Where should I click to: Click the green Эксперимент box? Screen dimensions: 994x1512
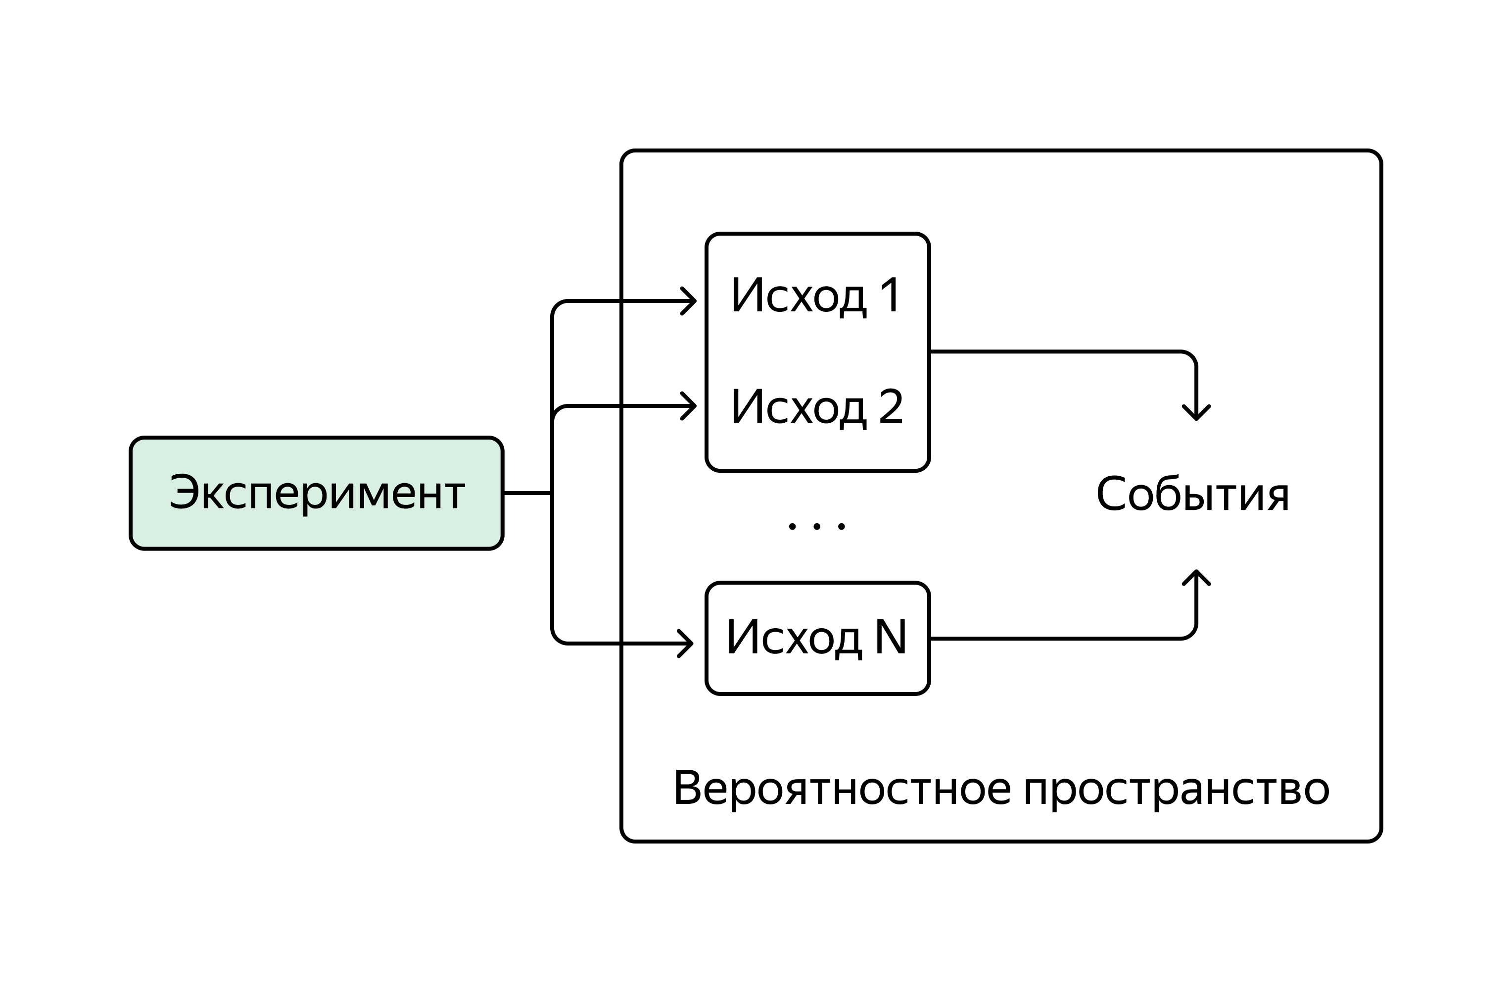(316, 493)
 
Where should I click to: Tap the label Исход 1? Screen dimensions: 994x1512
(816, 296)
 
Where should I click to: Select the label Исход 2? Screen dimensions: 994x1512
(816, 407)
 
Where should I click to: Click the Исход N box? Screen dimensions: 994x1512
(818, 638)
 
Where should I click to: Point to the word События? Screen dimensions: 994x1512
(1192, 495)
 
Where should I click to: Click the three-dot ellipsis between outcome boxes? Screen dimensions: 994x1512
(816, 526)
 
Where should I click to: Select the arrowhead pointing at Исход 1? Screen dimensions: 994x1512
(691, 300)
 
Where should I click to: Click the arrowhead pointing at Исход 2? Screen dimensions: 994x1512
(691, 405)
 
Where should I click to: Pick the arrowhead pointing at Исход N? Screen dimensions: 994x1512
(687, 644)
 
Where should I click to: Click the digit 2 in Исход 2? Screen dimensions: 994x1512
(891, 407)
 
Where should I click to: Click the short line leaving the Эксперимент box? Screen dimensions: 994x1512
(527, 493)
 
